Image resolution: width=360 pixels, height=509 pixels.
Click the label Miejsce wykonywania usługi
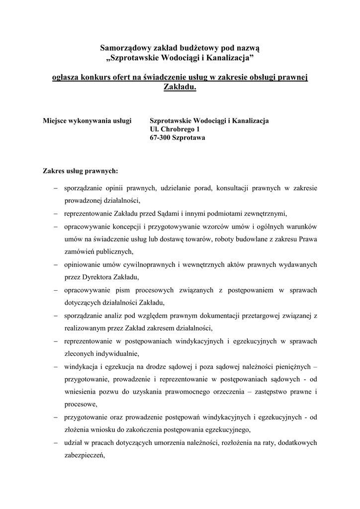pyautogui.click(x=87, y=121)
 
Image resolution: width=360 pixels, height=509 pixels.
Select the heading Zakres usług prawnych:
pyautogui.click(x=81, y=171)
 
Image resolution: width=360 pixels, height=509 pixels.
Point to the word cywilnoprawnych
pyautogui.click(x=151, y=264)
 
